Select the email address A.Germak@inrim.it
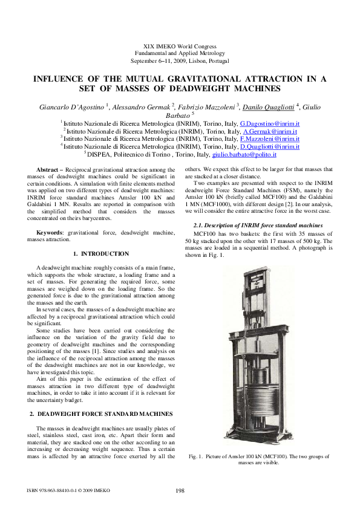[x=270, y=131]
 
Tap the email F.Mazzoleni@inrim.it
[x=270, y=139]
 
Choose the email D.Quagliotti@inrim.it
[x=270, y=146]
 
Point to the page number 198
[x=180, y=490]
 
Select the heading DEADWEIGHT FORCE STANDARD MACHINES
[x=106, y=413]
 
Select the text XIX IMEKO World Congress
[x=180, y=47]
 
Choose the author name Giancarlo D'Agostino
[x=73, y=107]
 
